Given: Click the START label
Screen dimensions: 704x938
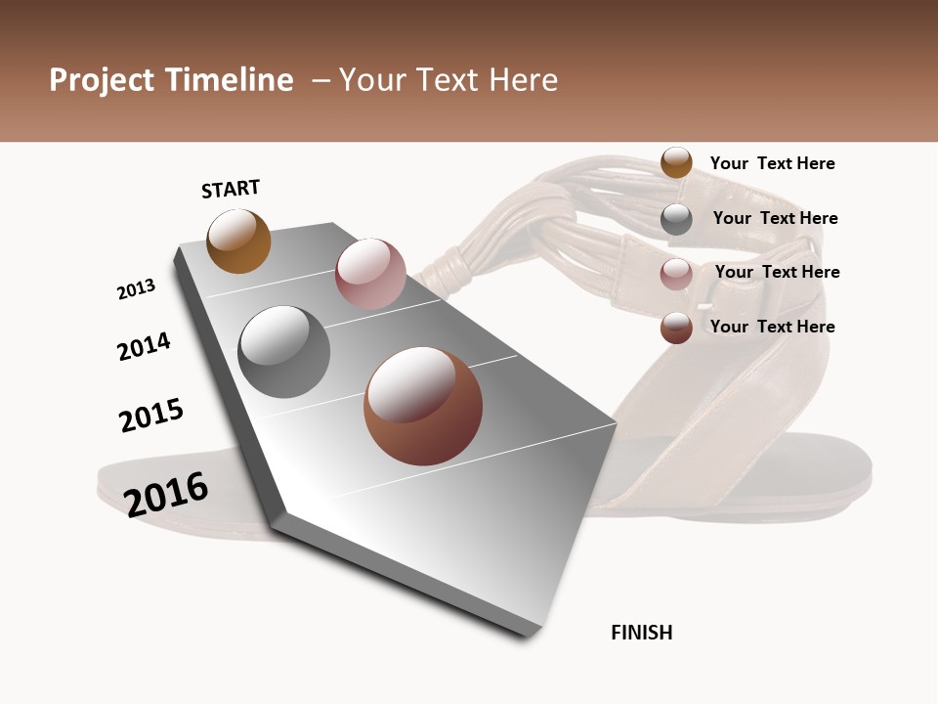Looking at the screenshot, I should [x=231, y=189].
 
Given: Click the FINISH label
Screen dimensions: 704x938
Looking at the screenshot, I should [x=642, y=633].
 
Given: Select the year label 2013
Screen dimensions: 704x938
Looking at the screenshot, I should [x=136, y=289].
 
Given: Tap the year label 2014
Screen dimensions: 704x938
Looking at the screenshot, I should [x=144, y=347].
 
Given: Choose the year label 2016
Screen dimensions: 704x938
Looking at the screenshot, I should [x=166, y=494].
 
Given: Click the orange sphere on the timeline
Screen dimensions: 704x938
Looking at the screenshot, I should [x=238, y=241].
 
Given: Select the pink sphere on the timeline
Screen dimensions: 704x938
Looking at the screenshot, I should [x=370, y=273].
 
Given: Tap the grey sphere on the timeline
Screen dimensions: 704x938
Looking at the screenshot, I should [x=284, y=352].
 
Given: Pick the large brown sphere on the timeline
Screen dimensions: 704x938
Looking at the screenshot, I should [x=423, y=406].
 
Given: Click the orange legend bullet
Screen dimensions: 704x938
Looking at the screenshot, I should [x=676, y=162].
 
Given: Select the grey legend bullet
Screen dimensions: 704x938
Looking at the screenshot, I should [x=676, y=219].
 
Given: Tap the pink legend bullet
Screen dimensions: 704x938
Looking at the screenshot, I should [x=676, y=274].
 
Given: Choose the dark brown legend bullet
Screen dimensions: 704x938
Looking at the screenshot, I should [x=676, y=328].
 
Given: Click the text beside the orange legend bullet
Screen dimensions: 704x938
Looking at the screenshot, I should [x=772, y=163].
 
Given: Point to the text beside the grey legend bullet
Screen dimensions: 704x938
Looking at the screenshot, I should [x=775, y=218].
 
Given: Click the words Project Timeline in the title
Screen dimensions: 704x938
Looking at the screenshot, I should [x=171, y=80].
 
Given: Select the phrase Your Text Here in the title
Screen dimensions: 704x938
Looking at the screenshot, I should [x=448, y=80].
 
